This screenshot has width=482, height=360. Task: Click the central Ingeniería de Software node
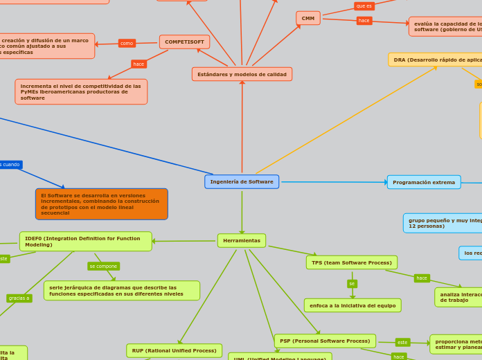point(242,181)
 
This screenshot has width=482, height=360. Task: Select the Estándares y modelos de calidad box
point(242,74)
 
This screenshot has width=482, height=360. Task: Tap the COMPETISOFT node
point(184,42)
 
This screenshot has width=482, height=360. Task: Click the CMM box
point(308,18)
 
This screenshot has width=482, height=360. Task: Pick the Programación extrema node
point(424,182)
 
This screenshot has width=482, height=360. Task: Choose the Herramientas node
point(242,240)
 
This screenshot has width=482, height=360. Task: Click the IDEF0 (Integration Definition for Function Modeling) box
point(86,242)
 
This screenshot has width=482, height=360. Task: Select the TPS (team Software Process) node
point(352,262)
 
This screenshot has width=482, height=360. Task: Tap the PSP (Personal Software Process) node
point(325,341)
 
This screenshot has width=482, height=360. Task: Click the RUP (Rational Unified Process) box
point(175,350)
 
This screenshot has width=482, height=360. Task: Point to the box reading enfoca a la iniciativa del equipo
point(352,305)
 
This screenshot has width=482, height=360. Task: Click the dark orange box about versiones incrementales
point(102,204)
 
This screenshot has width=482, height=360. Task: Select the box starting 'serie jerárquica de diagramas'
point(122,291)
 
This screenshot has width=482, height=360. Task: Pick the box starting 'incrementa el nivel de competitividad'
point(81,92)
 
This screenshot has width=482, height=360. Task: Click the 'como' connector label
point(127,43)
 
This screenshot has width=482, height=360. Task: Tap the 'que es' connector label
point(364,6)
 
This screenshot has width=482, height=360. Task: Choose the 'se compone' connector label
point(104,266)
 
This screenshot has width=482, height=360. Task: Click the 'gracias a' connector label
point(19,298)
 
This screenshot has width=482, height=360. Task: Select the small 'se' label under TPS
point(352,284)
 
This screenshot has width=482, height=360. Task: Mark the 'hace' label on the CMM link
point(364,21)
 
